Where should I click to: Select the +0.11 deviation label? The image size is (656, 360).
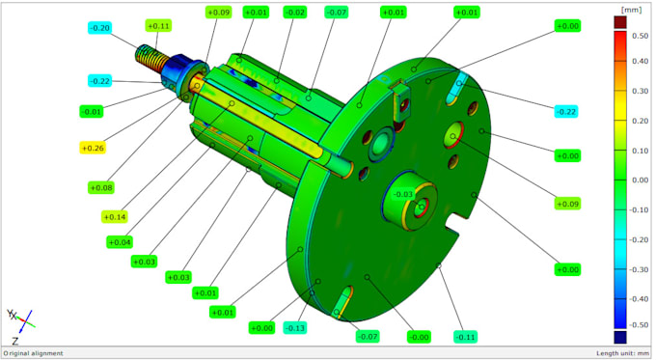[159, 25]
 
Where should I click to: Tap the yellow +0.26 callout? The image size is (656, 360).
[93, 148]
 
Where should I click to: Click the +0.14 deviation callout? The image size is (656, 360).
[115, 217]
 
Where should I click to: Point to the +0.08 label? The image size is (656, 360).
[100, 187]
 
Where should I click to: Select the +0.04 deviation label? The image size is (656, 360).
[121, 241]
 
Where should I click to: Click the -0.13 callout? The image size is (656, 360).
[296, 328]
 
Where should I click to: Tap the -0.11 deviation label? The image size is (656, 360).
[466, 337]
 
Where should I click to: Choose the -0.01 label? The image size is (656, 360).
[93, 112]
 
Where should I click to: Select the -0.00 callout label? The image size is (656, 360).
[419, 337]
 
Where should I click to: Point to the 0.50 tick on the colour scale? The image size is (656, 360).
[638, 34]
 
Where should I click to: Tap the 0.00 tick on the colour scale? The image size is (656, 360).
[638, 180]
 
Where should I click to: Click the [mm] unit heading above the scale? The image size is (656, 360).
[633, 8]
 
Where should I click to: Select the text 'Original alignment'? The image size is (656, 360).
[34, 353]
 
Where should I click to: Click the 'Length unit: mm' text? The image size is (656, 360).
[623, 353]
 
